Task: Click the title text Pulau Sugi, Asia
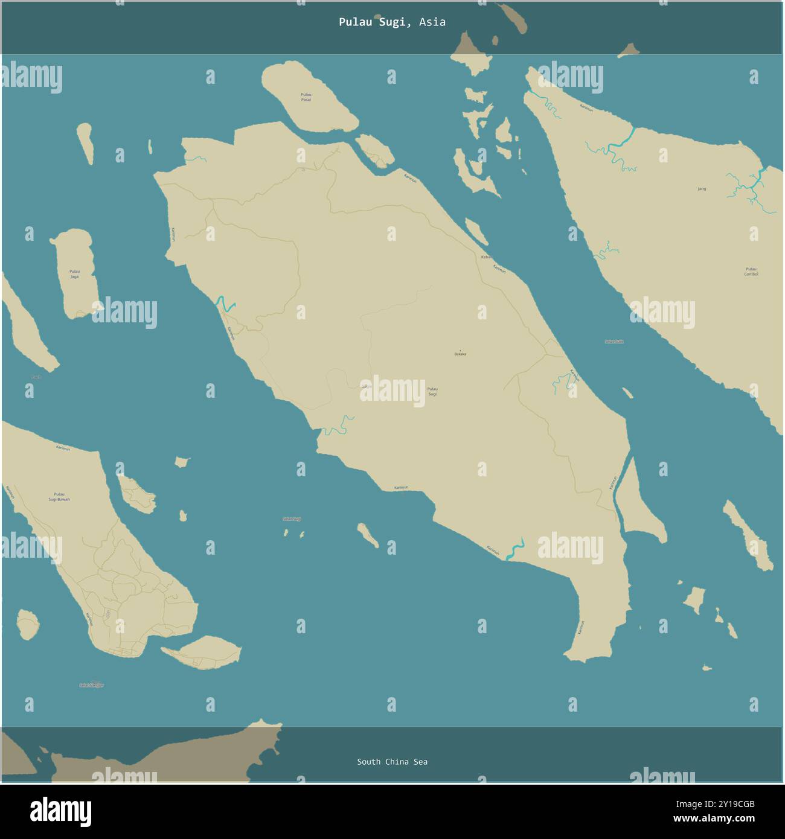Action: pos(392,22)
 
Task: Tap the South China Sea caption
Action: pos(392,762)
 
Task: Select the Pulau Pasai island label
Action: pos(306,97)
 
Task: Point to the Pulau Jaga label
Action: pos(74,273)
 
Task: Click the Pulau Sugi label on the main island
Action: pos(432,391)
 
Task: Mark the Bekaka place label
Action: pos(460,354)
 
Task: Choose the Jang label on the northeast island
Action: pos(702,189)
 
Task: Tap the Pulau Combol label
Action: pos(751,272)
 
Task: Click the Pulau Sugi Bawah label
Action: pos(59,497)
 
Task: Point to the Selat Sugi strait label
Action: pos(292,518)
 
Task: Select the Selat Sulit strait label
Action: pos(614,342)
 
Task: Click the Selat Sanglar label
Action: pos(92,685)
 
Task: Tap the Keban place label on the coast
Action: pos(485,257)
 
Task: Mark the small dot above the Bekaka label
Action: pos(460,349)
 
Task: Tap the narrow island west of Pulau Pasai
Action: pos(86,144)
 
